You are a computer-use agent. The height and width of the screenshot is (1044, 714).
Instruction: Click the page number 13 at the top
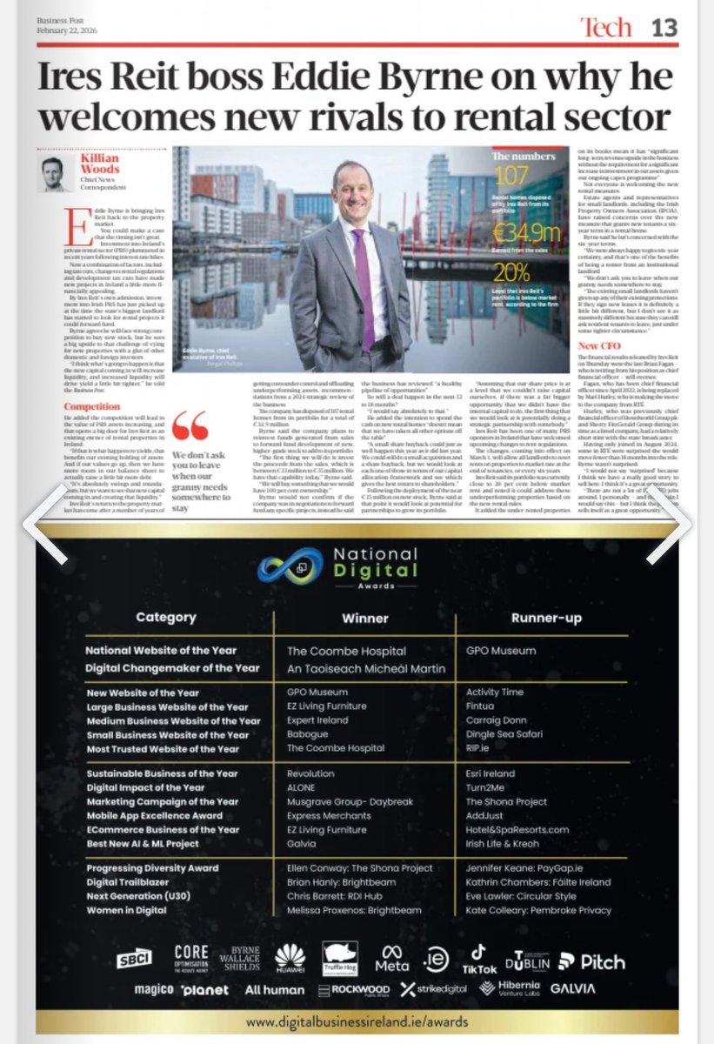coord(664,28)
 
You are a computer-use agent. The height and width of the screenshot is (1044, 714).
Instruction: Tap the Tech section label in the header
coord(605,28)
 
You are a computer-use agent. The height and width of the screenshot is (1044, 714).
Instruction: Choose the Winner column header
coord(364,618)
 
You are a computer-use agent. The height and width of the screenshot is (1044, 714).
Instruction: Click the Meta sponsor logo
coord(391,960)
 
